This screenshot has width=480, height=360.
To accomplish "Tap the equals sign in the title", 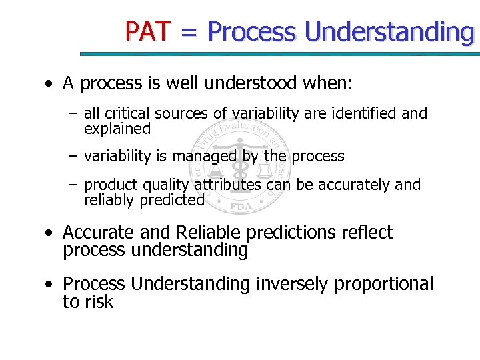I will coord(190,31).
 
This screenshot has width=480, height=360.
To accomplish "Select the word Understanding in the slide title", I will coord(389,31).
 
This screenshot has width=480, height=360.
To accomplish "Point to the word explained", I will coord(117,129).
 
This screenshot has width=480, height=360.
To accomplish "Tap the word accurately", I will coord(357,185).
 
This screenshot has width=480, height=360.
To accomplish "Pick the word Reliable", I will coord(210,233).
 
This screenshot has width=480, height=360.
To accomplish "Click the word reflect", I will coord(367,233).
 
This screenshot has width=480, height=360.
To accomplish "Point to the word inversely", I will coord(291,284).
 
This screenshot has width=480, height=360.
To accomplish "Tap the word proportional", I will coord(384,284).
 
